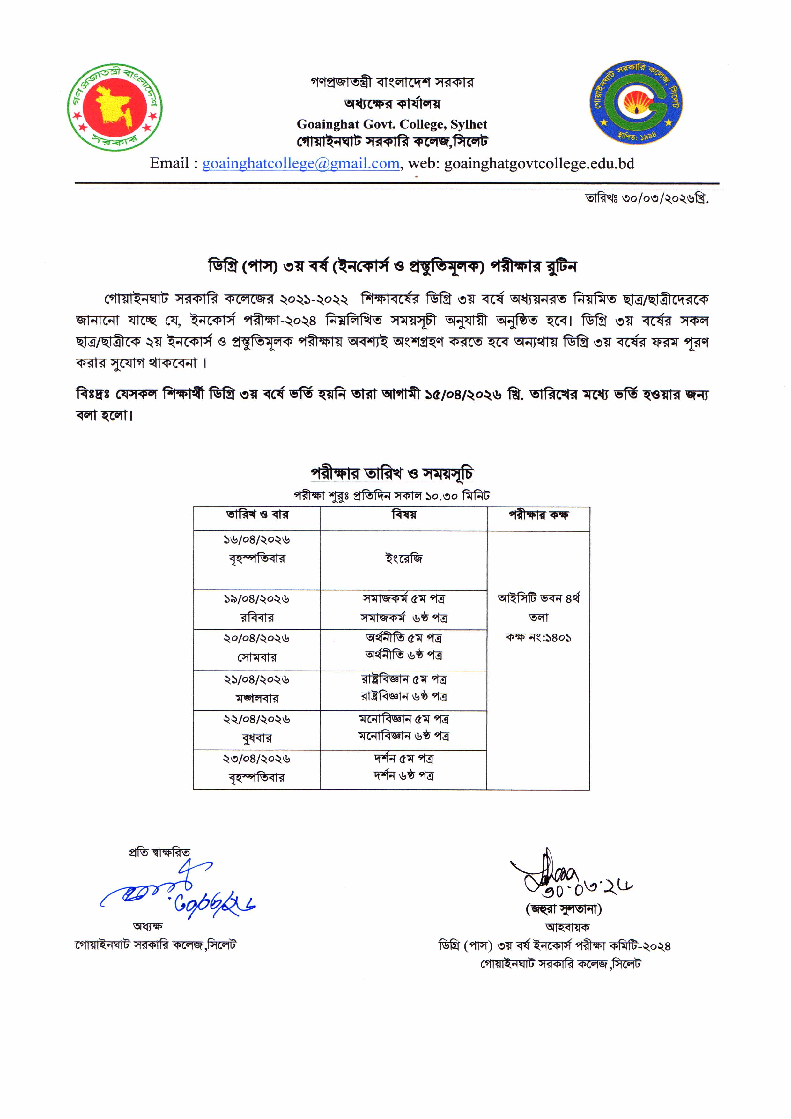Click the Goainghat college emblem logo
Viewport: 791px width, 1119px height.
pyautogui.click(x=636, y=102)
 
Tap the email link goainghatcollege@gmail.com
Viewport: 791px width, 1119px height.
pyautogui.click(x=301, y=163)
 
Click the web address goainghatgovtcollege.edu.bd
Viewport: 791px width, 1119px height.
pyautogui.click(x=539, y=163)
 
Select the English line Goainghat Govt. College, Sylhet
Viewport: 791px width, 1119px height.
pyautogui.click(x=392, y=124)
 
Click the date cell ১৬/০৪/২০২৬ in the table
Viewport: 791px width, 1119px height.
pyautogui.click(x=256, y=539)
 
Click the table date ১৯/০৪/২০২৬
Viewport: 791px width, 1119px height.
pyautogui.click(x=256, y=598)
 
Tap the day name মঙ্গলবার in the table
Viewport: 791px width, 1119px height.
pyautogui.click(x=257, y=698)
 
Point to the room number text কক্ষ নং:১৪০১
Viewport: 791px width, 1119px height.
pyautogui.click(x=538, y=637)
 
